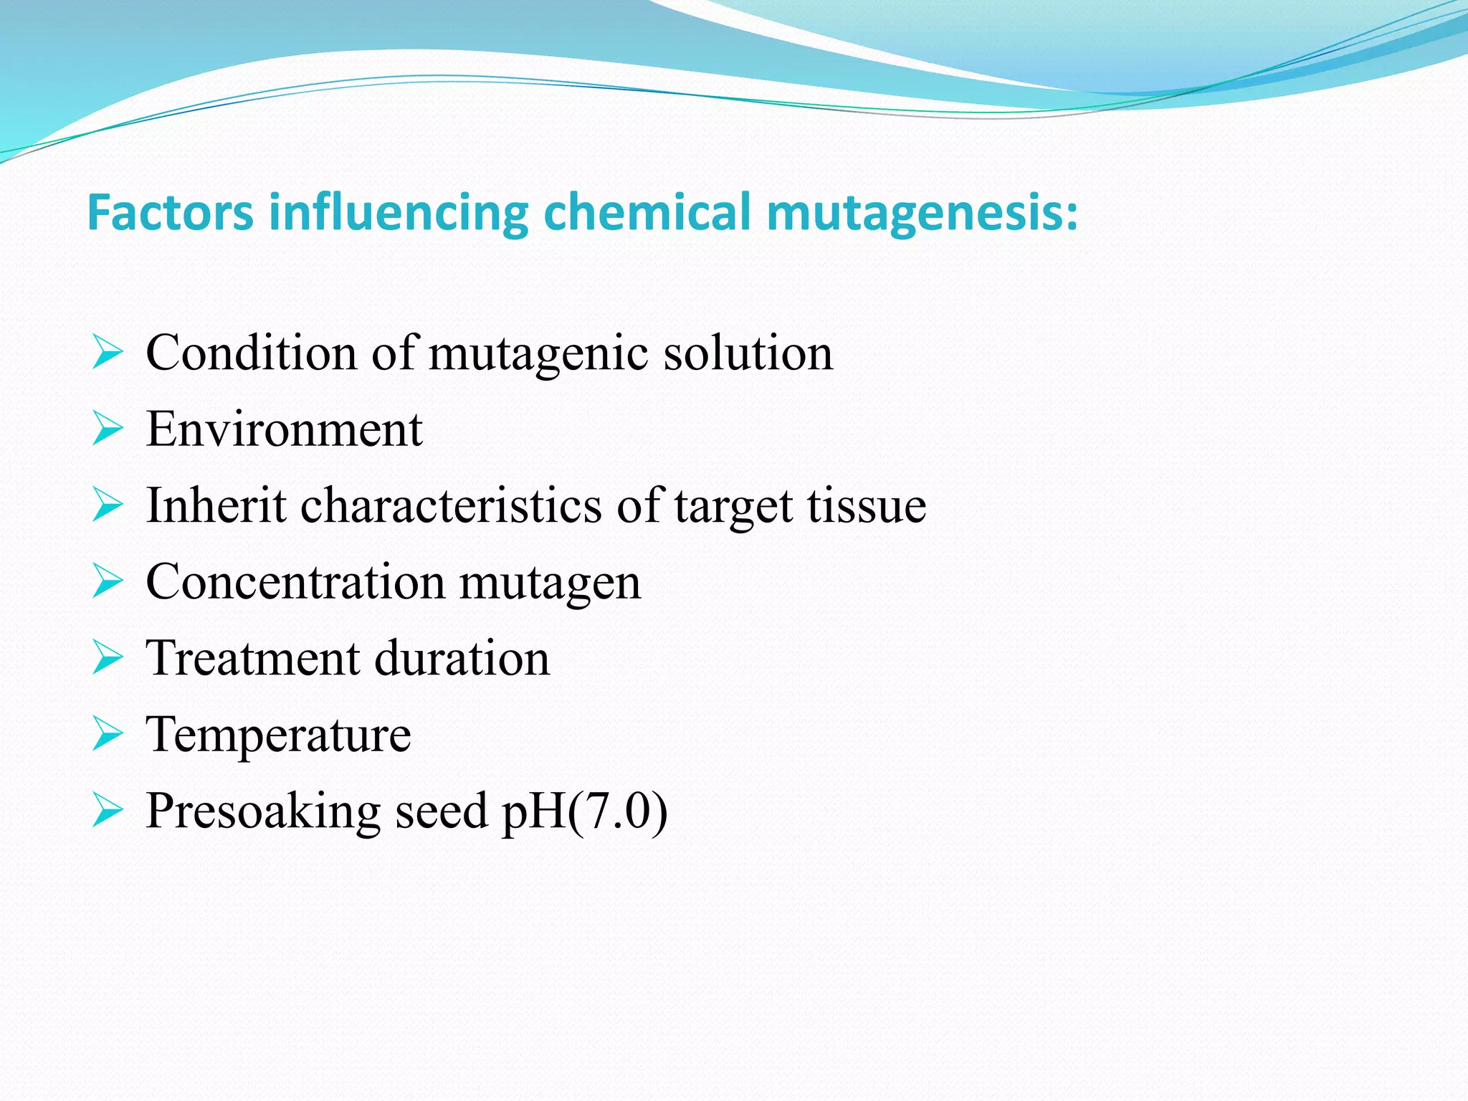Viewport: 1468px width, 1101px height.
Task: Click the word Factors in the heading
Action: tap(170, 213)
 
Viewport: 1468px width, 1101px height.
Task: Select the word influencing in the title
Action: tap(399, 213)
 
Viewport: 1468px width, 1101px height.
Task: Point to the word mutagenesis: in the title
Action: tap(922, 213)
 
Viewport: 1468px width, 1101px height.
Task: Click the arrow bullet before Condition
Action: tap(108, 353)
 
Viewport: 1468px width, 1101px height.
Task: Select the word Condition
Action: tap(251, 353)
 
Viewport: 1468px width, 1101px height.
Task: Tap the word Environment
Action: tap(284, 429)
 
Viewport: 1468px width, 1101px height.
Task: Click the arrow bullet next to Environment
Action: tap(108, 429)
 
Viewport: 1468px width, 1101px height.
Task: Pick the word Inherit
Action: tap(216, 505)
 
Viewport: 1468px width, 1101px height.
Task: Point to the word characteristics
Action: tap(451, 505)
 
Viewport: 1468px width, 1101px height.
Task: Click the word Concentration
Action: tap(295, 581)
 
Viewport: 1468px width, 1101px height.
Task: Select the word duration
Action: tap(462, 658)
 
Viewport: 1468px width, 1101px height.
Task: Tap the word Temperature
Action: tap(278, 735)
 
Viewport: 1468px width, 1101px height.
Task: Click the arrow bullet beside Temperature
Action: tap(108, 735)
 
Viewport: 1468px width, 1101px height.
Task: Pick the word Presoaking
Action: tap(262, 811)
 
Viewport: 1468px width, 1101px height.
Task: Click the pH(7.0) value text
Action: tap(584, 811)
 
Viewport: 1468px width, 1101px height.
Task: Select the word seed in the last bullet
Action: tap(441, 811)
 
